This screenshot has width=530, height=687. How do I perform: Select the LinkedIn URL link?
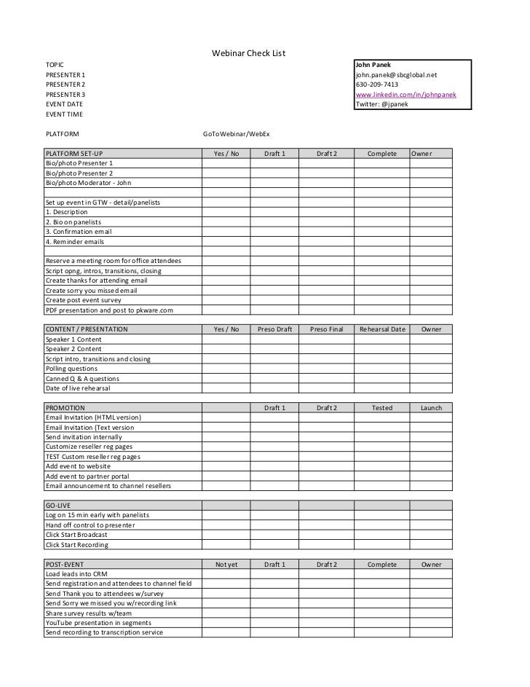click(x=406, y=95)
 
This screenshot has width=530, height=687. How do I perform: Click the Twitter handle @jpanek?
click(x=381, y=105)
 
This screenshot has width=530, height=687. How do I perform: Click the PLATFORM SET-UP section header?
click(x=75, y=154)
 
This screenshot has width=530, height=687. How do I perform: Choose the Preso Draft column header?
click(x=274, y=329)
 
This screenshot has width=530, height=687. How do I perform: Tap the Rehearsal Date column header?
click(x=382, y=329)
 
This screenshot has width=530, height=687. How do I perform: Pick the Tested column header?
click(x=382, y=408)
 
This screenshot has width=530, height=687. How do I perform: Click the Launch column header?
click(x=431, y=408)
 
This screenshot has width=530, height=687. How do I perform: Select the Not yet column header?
click(x=226, y=564)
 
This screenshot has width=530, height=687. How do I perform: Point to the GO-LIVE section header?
click(x=59, y=506)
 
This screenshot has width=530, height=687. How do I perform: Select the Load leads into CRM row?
click(x=76, y=574)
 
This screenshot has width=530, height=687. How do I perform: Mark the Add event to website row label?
click(x=78, y=466)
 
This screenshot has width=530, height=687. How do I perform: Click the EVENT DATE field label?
click(x=64, y=105)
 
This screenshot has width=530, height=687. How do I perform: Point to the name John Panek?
click(x=373, y=66)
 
